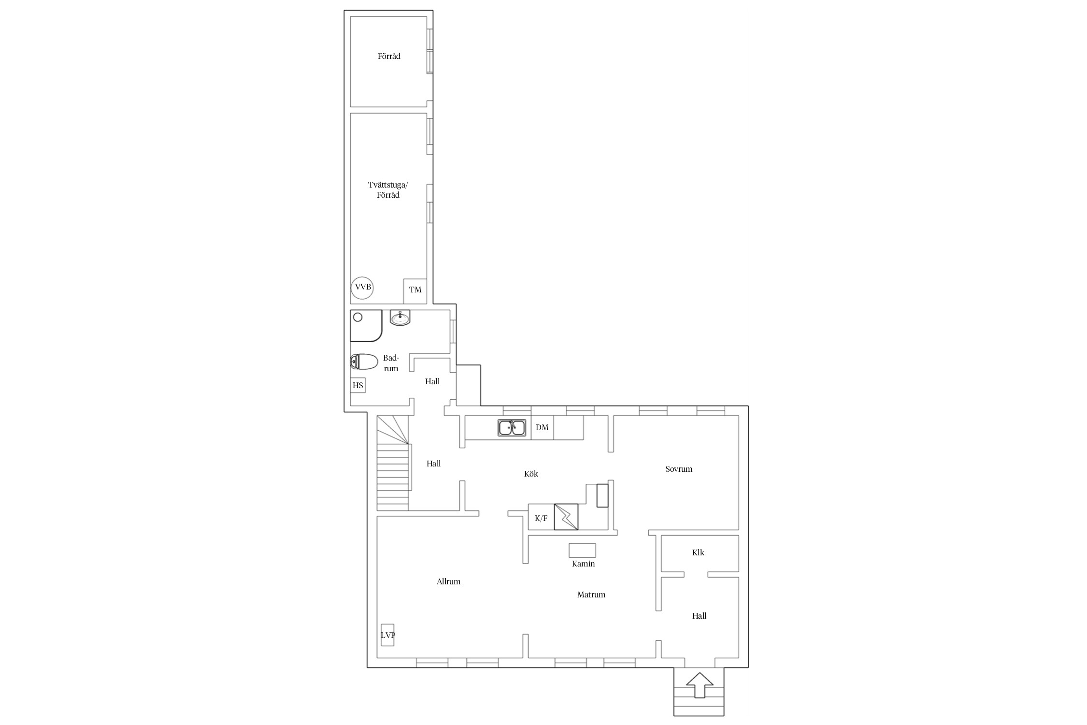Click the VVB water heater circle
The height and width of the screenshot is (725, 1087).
362,287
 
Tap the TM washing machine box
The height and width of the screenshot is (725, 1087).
415,291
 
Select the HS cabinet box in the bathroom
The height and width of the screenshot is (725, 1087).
358,385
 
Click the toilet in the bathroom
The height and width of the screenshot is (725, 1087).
364,362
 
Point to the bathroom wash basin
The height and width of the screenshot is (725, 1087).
400,318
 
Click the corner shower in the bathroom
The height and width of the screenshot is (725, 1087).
366,326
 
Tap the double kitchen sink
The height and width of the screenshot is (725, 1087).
512,428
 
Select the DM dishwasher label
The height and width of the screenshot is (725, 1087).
542,427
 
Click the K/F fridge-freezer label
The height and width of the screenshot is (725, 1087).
541,519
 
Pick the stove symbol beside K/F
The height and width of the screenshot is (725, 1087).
566,517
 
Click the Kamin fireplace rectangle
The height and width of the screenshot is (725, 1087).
582,550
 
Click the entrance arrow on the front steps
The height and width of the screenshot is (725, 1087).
700,685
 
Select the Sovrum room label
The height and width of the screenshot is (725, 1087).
679,469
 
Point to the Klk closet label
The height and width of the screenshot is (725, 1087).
698,552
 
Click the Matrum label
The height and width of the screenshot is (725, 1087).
591,594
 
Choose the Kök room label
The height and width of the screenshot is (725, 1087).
531,474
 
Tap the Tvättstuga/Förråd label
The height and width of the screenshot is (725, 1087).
388,190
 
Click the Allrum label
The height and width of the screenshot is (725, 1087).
448,581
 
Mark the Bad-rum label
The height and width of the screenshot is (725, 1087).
391,363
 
